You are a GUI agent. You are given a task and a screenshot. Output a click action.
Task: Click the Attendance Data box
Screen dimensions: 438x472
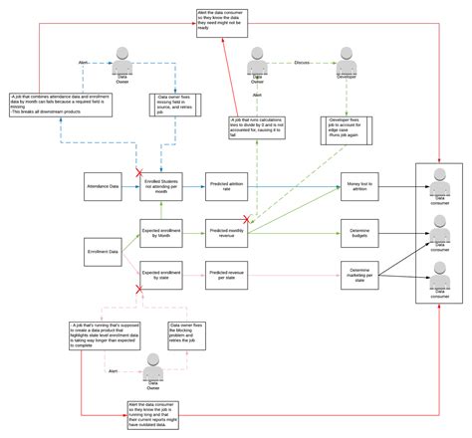coord(103,185)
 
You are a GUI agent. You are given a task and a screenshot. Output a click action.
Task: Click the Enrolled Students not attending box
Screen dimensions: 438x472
coord(161,185)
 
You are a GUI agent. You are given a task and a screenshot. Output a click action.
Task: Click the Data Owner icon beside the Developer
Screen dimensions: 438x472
coord(258,62)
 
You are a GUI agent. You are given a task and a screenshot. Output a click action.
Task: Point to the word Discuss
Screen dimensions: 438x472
coord(300,61)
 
